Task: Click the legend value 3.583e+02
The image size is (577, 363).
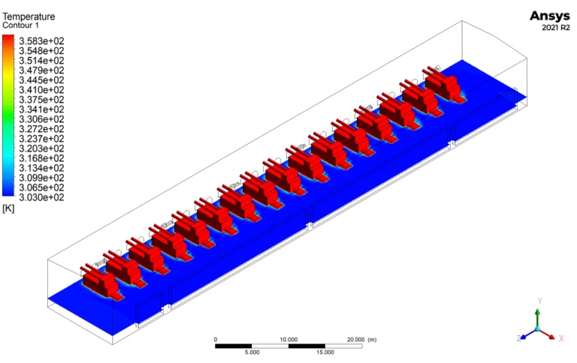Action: point(41,41)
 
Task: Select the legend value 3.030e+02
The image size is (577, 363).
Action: point(41,198)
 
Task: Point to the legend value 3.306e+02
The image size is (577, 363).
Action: point(41,119)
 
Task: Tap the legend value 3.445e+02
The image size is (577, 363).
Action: point(41,80)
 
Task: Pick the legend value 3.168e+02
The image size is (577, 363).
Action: point(41,158)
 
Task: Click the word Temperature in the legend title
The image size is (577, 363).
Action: point(29,16)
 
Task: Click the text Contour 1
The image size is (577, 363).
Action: point(20,25)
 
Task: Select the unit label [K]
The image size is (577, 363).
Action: point(8,208)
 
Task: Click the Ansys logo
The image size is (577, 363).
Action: point(550,16)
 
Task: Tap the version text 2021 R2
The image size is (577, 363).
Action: point(556,28)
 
